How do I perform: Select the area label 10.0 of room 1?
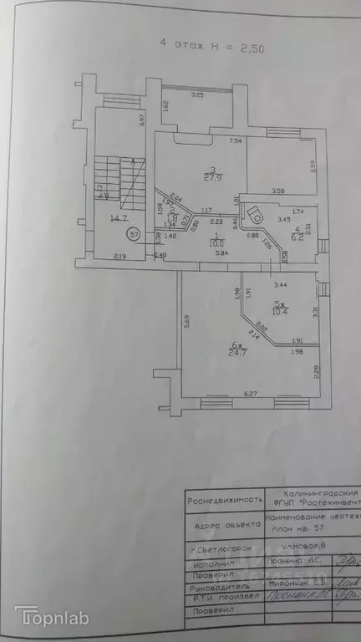193,245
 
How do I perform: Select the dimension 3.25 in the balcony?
198,95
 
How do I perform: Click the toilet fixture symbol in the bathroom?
256,214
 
